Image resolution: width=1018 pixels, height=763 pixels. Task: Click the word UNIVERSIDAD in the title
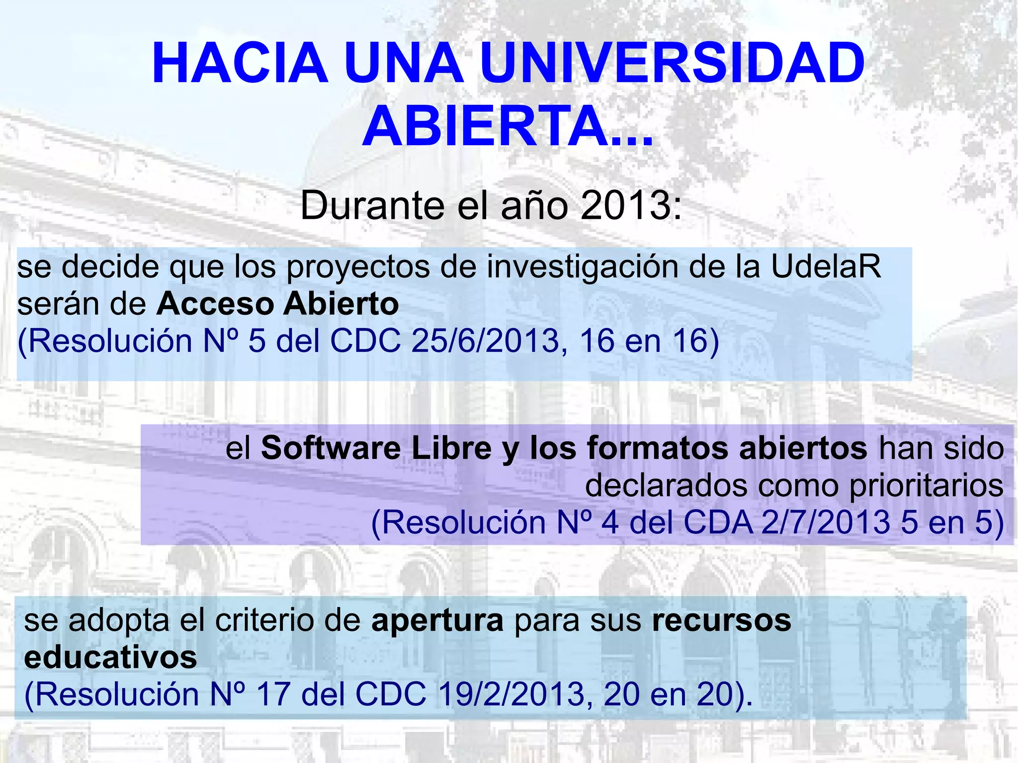(x=673, y=64)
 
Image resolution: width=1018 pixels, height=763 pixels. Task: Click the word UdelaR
(x=826, y=267)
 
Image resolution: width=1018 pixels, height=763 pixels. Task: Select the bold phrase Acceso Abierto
(x=277, y=304)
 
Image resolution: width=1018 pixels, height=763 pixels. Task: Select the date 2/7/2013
(x=826, y=522)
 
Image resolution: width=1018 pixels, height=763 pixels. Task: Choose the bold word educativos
(x=110, y=657)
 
